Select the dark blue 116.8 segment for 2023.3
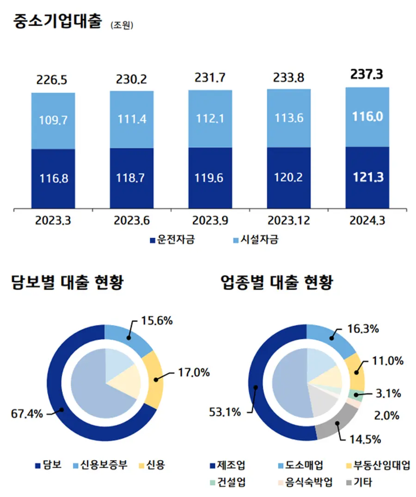pos(53,178)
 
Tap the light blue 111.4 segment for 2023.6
pos(132,120)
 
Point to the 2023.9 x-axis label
pos(210,221)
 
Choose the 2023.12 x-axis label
pos(289,221)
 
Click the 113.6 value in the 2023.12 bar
pos(289,118)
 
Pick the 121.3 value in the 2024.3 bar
pos(367,177)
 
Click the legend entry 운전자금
pos(171,240)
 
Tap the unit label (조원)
pos(122,25)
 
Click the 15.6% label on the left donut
pos(158,320)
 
